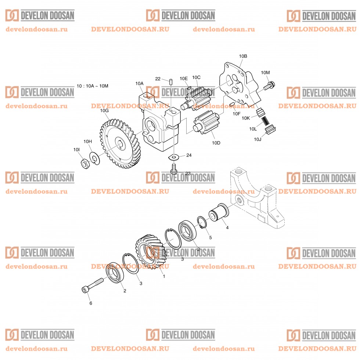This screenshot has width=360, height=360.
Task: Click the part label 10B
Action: (x=243, y=56)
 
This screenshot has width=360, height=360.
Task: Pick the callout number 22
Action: (x=158, y=79)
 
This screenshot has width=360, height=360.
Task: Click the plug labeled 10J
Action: (x=271, y=130)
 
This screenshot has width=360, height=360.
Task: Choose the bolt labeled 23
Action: (x=174, y=169)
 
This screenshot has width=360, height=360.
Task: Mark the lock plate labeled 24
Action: (x=173, y=158)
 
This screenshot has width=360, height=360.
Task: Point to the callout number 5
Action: (x=210, y=237)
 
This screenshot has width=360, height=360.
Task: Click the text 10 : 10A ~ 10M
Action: (x=93, y=86)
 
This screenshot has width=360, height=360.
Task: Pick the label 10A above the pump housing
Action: (x=139, y=83)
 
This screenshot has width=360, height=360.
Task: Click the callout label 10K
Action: (x=246, y=118)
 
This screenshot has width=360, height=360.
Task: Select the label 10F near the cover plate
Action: (x=236, y=114)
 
